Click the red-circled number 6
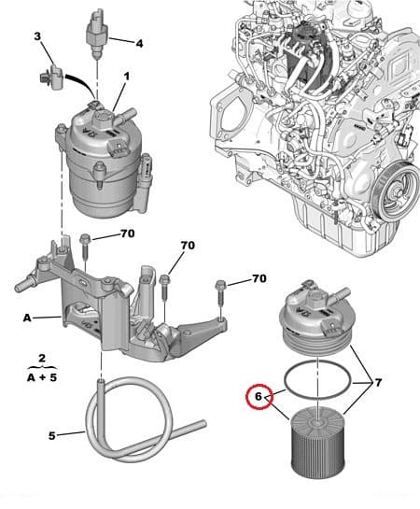(257, 396)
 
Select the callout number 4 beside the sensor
(138, 43)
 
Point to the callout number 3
(37, 36)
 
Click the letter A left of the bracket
(27, 318)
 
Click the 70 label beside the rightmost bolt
(259, 278)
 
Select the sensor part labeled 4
(96, 28)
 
